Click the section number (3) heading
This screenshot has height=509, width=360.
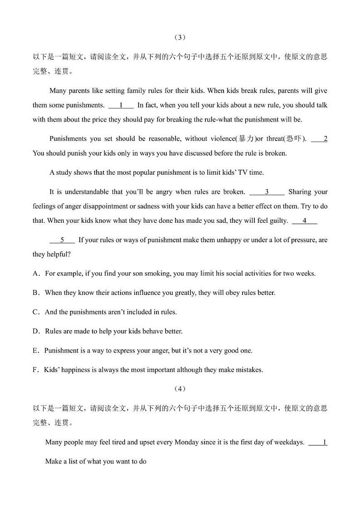pos(180,37)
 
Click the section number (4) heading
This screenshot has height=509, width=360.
pos(180,389)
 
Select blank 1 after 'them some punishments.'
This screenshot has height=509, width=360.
pos(121,105)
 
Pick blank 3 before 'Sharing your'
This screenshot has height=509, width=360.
pos(267,192)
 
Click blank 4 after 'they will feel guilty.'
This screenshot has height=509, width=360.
pos(304,221)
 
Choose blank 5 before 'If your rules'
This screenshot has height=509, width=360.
pos(62,240)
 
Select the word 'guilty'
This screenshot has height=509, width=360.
pos(278,221)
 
